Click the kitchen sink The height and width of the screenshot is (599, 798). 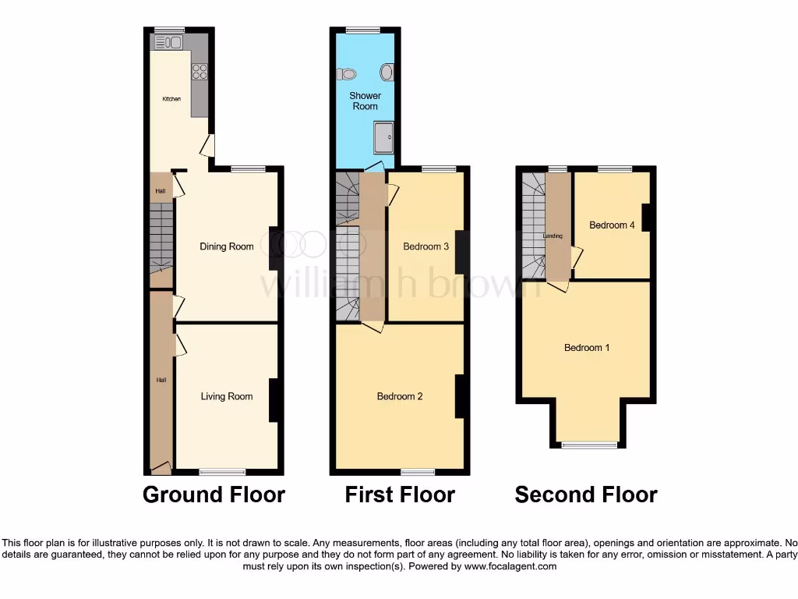tap(169, 42)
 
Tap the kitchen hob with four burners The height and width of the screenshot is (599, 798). tap(199, 72)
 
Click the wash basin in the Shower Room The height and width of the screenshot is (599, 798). tap(387, 73)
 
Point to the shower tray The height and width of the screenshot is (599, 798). tap(383, 137)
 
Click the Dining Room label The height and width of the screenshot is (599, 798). tap(227, 246)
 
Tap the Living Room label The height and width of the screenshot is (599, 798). tap(227, 396)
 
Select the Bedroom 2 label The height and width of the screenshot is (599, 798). tap(400, 396)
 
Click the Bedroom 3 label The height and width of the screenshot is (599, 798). tap(425, 246)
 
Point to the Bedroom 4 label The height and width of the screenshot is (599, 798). tap(612, 225)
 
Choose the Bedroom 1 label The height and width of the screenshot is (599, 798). tap(587, 348)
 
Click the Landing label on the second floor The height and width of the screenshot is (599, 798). tap(553, 236)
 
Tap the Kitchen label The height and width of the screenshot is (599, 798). tap(171, 99)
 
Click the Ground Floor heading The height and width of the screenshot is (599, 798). tap(214, 494)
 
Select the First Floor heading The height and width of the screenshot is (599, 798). tap(400, 494)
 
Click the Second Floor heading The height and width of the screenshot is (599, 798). tap(586, 494)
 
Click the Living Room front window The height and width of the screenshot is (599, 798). tap(222, 471)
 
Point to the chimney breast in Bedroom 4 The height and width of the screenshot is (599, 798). tap(646, 217)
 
